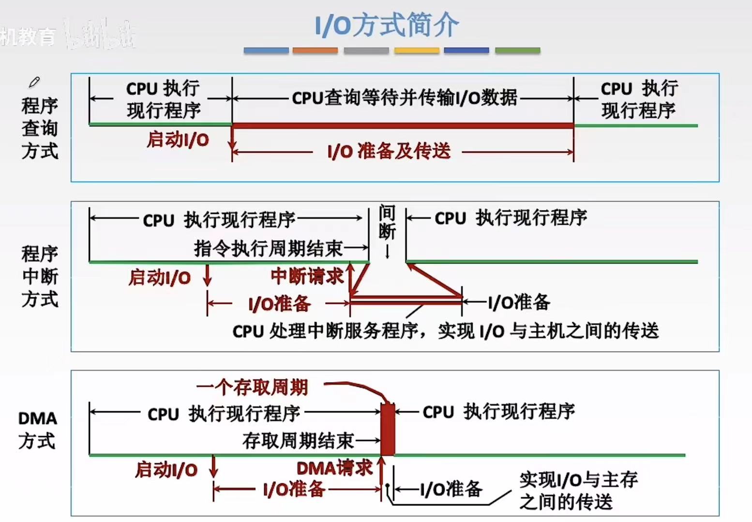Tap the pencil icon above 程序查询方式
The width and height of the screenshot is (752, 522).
pos(34,82)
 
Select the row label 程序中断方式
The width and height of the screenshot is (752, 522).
pos(40,276)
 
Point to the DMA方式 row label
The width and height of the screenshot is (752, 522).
pos(37,429)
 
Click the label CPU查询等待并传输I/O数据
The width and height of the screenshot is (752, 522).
pos(405,98)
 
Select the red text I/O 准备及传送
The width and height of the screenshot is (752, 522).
pos(389,151)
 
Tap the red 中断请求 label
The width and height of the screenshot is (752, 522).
pos(307,276)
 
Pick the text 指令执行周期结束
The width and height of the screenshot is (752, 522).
pos(268,248)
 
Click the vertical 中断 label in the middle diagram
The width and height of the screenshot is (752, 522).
pos(387,222)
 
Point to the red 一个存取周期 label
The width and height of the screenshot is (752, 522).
pos(252,387)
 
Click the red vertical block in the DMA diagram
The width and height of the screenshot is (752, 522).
pos(388,429)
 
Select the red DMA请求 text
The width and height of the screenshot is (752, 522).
pos(334,468)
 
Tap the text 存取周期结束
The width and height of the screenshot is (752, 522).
pos(298,441)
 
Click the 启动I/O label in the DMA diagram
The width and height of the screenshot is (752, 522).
pos(166,469)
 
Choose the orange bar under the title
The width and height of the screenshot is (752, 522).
pos(315,50)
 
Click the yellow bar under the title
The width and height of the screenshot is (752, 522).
pos(417,50)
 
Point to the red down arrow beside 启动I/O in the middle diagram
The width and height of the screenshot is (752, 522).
pos(208,276)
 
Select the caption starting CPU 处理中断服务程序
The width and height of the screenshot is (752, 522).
pos(445,331)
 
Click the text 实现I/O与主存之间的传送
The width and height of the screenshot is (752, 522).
pos(578,491)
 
